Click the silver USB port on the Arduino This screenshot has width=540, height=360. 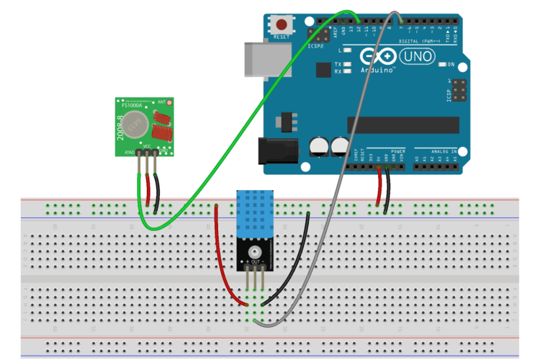click(267, 58)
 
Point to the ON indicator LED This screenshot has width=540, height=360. click(443, 65)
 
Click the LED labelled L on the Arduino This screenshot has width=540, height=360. click(348, 51)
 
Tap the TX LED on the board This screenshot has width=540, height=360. click(348, 65)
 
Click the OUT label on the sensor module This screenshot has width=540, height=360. click(255, 259)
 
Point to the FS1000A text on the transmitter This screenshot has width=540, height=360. click(131, 105)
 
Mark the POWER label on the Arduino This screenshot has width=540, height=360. click(379, 150)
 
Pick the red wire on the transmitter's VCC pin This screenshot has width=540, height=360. click(148, 191)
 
